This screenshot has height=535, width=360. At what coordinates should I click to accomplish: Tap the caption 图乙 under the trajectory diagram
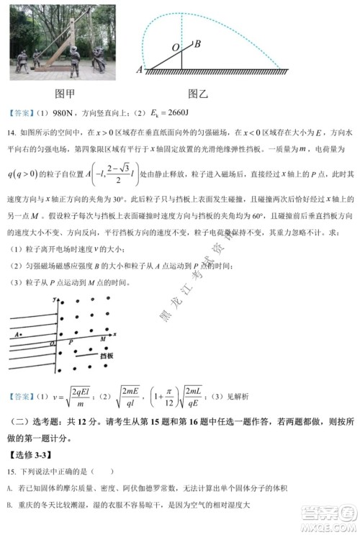(197, 93)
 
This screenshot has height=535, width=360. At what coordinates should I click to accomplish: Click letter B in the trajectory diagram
(197, 43)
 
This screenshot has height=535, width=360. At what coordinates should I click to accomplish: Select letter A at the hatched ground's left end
(140, 70)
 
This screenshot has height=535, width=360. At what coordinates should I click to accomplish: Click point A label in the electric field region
(17, 335)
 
